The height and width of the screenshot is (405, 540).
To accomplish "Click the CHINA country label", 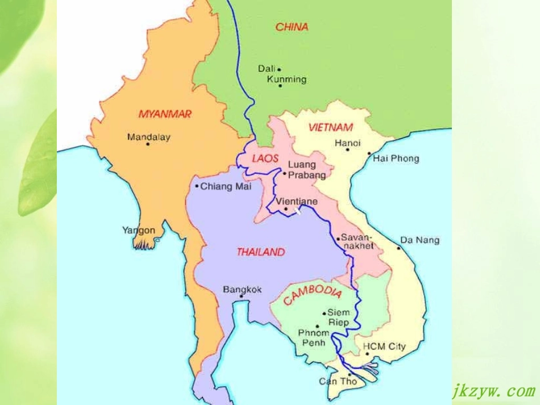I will (292, 27).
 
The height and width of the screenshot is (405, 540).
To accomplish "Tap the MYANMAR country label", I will (165, 114).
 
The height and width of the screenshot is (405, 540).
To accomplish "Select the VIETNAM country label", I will (330, 127).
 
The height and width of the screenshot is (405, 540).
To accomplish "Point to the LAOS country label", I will (265, 158).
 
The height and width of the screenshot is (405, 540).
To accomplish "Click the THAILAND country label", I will (261, 252).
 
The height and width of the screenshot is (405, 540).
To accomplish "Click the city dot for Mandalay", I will (148, 144).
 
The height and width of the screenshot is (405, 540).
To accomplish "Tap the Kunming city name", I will (286, 79).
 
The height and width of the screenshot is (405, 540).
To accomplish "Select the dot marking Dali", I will (279, 69).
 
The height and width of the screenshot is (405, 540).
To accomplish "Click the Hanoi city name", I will (347, 143).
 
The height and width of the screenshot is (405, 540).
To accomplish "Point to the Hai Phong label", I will (396, 158).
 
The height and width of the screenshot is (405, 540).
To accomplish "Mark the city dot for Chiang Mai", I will (197, 186).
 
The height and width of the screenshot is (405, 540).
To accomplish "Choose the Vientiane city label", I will (297, 201).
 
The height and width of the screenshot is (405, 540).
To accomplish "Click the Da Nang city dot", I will (398, 248).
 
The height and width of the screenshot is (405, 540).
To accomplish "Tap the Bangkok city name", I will (242, 289).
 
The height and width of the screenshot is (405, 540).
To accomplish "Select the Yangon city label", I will (138, 230).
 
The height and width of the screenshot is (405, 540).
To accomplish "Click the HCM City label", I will (384, 346).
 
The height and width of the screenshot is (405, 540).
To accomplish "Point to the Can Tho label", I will (338, 381).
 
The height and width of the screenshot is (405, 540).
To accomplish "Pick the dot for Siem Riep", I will (324, 313).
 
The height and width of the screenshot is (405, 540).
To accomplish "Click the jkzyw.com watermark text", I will (493, 391).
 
